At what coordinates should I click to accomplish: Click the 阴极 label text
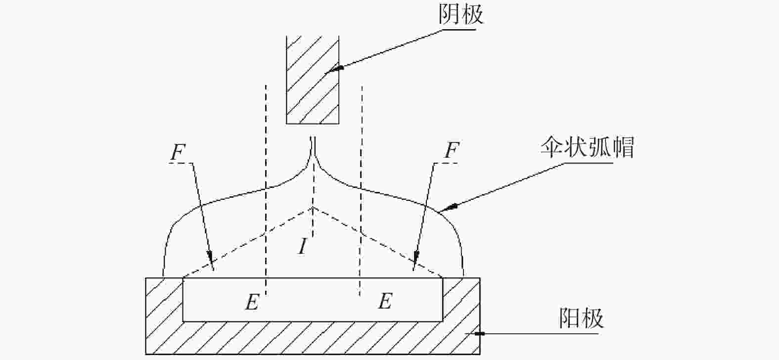461,15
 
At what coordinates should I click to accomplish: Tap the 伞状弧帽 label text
588,147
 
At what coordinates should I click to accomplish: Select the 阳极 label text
581,318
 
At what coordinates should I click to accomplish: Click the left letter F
178,151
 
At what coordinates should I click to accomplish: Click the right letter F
452,150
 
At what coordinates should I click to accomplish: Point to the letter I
303,247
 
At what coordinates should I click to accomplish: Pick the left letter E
252,302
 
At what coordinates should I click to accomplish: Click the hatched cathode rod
313,80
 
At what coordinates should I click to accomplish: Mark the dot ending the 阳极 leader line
480,334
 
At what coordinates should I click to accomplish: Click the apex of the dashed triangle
313,208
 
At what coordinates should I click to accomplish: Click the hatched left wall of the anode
164,299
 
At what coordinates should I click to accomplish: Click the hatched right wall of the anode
461,299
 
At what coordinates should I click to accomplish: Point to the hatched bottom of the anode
313,338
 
